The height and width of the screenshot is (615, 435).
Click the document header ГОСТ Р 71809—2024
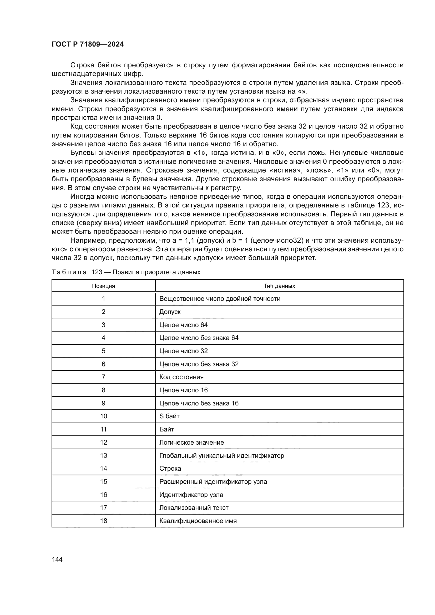tap(88, 44)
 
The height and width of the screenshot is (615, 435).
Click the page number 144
tap(57, 559)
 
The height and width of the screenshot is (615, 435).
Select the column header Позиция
tap(103, 286)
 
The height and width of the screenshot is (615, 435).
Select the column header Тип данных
tap(279, 286)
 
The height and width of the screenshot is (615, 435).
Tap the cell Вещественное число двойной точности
tap(220, 299)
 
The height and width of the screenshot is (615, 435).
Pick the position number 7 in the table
tap(103, 377)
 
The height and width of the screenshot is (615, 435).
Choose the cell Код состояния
tap(181, 377)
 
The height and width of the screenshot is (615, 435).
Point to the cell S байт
tap(169, 416)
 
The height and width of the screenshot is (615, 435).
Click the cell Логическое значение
tap(191, 443)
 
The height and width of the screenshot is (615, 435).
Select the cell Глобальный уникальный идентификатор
tap(221, 456)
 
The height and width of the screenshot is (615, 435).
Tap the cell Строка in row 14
tap(170, 469)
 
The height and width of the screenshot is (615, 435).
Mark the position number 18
tap(103, 521)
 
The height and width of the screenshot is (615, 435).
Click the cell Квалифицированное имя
tap(198, 521)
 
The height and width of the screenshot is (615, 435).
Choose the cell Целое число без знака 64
tap(199, 338)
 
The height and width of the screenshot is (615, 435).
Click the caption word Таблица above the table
tap(69, 272)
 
